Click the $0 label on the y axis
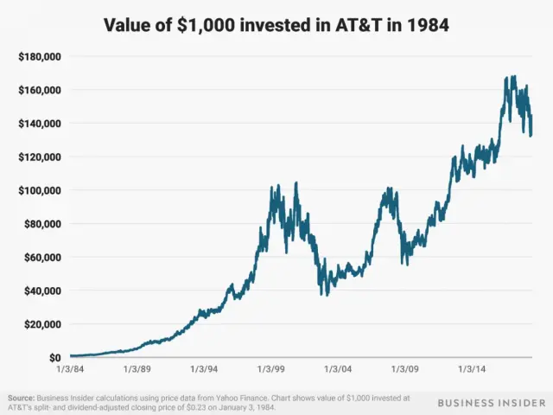pyautogui.click(x=53, y=357)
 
